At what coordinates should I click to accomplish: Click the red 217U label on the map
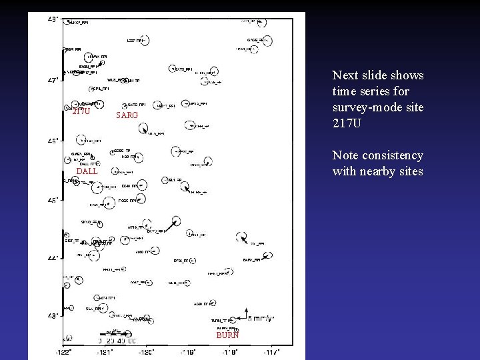coord(81,111)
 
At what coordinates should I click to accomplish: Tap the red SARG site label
coord(127,115)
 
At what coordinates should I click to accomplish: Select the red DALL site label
coord(87,171)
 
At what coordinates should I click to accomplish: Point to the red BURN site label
coord(227,335)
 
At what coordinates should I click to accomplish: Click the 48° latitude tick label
coord(53,20)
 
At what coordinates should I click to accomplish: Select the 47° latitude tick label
coord(53,80)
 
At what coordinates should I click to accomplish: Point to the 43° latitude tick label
coord(53,315)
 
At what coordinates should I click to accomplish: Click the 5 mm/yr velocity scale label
coord(261,318)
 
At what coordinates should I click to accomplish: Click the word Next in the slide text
coord(345,75)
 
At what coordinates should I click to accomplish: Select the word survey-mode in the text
coord(371,107)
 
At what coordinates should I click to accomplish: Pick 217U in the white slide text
coord(347,123)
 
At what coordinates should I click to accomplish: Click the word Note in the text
coord(345,155)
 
